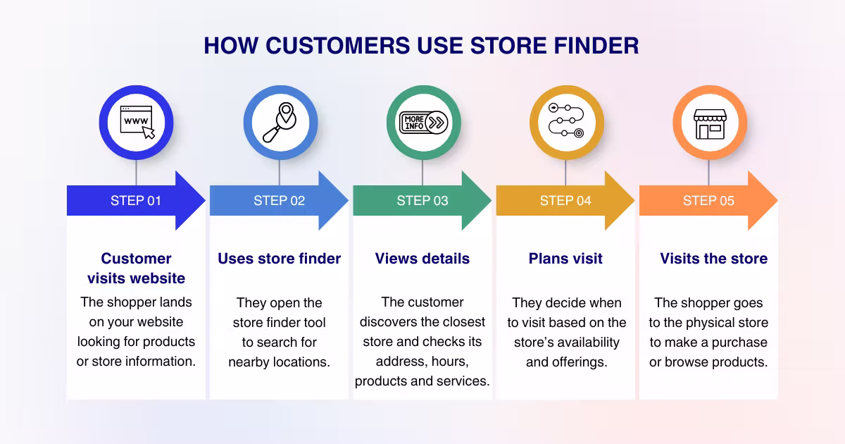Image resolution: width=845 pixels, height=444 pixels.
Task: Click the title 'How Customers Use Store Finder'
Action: coord(421,46)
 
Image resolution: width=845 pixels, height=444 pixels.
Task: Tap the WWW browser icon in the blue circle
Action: coord(136,123)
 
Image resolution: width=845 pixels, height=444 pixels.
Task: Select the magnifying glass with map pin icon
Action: coord(280,123)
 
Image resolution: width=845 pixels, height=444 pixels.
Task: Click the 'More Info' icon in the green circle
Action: coord(423,123)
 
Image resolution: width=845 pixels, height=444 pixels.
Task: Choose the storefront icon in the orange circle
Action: coord(709,123)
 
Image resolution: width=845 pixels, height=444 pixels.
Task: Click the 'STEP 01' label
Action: coord(135,201)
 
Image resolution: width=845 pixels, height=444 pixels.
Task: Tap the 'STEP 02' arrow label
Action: coord(279,201)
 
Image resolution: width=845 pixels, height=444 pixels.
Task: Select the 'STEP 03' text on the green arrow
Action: coord(423,201)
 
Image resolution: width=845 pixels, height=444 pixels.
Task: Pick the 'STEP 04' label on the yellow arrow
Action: coord(565,201)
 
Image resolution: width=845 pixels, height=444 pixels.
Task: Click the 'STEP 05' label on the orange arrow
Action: coord(708,201)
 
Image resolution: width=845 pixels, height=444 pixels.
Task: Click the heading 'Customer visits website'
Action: coord(136,268)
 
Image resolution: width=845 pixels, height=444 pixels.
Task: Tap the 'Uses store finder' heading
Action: coord(279,259)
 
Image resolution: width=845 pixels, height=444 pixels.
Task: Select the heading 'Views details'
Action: coord(423,259)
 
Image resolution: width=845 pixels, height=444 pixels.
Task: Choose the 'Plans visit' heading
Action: coord(565,259)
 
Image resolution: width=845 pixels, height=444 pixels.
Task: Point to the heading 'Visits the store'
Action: coord(713,259)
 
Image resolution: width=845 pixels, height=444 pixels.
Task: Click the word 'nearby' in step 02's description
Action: coord(251,362)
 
